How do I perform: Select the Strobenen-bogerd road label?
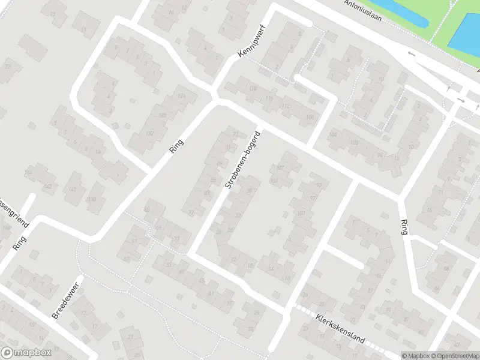click(242, 160)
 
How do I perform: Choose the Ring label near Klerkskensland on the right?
click(404, 227)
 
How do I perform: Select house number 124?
click(182, 96)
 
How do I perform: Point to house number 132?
click(150, 133)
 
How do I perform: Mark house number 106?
click(310, 116)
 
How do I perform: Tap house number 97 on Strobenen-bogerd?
click(236, 133)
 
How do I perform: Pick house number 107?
click(281, 167)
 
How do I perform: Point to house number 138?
click(92, 199)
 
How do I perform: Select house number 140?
click(73, 190)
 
